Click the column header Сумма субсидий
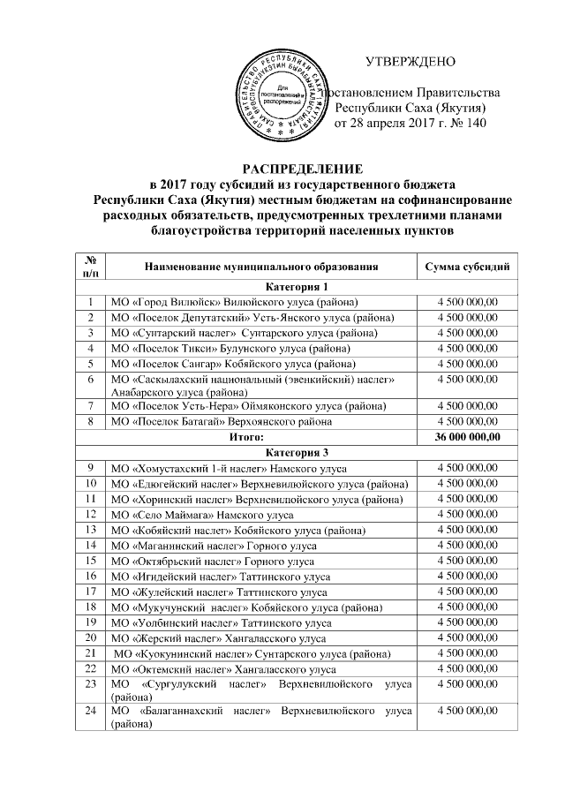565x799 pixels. [467, 266]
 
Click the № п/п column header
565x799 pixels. [91, 266]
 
